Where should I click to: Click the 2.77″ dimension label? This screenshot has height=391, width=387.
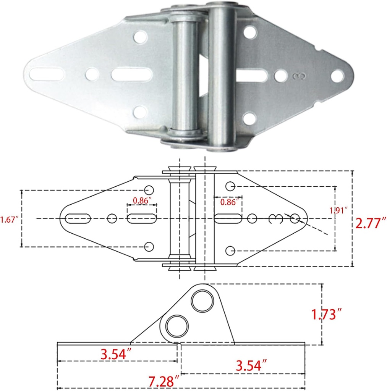(x=371, y=222)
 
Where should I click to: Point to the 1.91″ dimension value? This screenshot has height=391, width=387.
(x=338, y=210)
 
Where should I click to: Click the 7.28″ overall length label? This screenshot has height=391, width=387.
(x=164, y=381)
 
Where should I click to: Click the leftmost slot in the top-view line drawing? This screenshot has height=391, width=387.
(x=78, y=218)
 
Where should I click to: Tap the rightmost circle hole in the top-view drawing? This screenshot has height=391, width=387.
(x=295, y=219)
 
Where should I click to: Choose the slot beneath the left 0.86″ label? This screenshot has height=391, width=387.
(x=141, y=218)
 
